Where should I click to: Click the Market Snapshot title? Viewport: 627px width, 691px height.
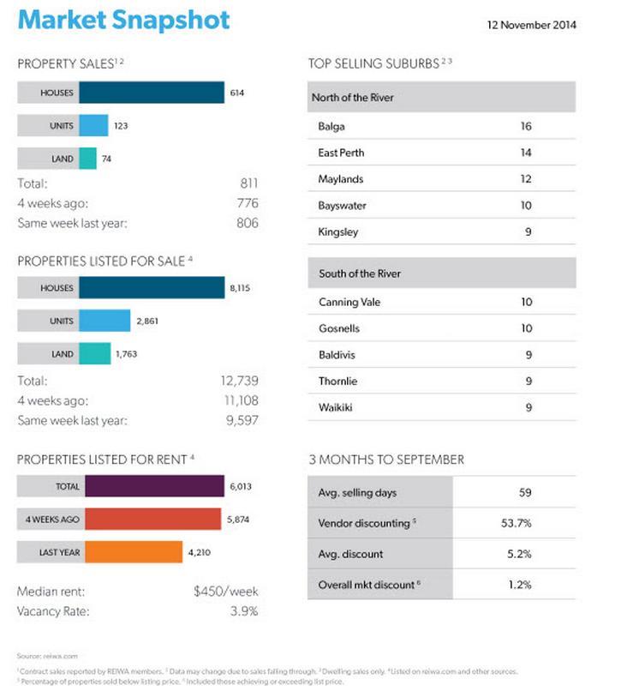124,21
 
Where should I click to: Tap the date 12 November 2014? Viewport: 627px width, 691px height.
531,25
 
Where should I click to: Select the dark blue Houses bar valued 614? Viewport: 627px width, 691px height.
152,93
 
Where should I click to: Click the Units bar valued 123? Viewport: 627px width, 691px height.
94,126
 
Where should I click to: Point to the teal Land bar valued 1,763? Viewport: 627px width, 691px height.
95,353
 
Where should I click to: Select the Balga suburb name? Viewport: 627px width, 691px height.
331,126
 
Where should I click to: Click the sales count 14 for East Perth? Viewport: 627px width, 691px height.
526,153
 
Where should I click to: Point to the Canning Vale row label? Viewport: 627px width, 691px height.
349,302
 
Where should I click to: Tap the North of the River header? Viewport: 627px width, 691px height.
352,98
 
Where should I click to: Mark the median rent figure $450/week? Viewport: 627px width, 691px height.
226,592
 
